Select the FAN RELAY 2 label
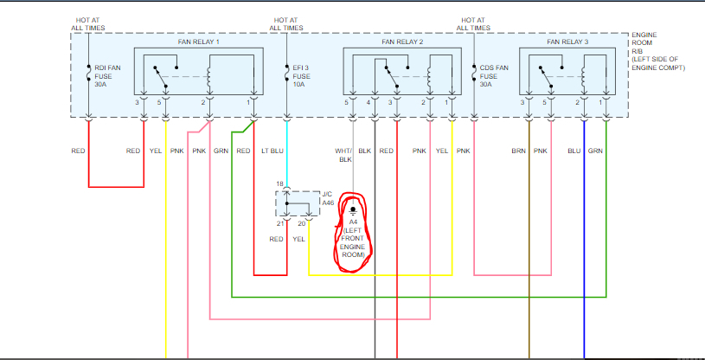point(402,42)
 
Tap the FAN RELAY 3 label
point(567,42)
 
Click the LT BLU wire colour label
point(272,151)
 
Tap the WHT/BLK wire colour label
point(343,156)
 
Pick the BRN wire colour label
point(519,151)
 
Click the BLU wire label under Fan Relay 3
point(574,151)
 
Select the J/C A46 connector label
point(327,197)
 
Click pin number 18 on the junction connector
point(279,185)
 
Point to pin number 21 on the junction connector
point(279,224)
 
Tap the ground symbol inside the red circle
point(353,210)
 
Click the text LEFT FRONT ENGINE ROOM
point(353,241)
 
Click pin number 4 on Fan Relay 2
point(369,103)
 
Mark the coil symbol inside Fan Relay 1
point(208,78)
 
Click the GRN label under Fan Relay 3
point(595,151)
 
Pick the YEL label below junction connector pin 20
point(298,239)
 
